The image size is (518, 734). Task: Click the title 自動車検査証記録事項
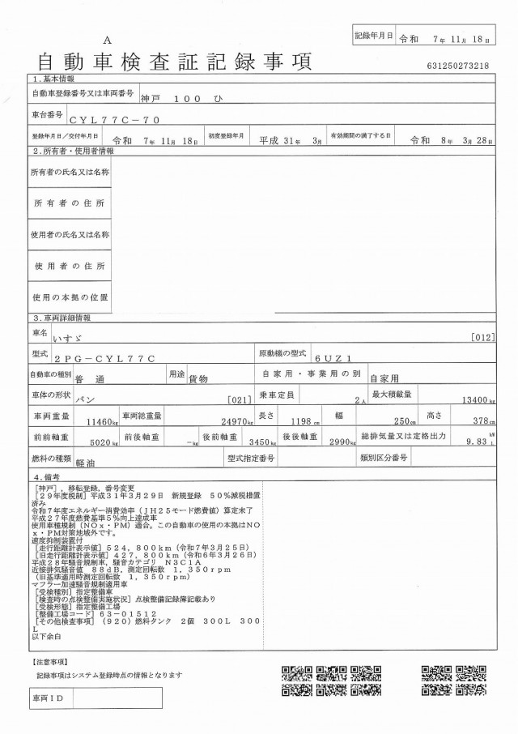click(x=174, y=61)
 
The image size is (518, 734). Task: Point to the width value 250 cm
click(x=401, y=421)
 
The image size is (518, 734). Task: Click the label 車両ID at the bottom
click(x=48, y=698)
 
